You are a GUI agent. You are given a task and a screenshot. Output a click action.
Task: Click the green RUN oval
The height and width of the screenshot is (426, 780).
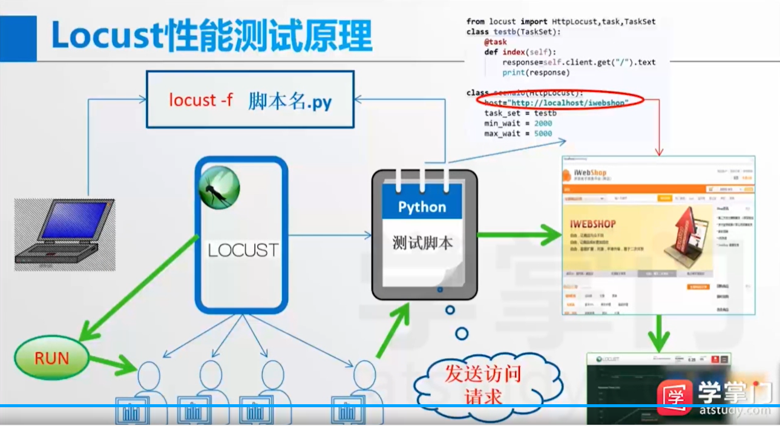tap(51, 358)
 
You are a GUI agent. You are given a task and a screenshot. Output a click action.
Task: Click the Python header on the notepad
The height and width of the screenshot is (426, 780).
tap(422, 208)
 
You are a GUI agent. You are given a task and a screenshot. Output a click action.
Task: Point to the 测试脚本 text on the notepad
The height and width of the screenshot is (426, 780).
tap(422, 243)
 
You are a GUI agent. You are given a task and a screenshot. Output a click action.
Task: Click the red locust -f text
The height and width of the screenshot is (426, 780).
tap(200, 100)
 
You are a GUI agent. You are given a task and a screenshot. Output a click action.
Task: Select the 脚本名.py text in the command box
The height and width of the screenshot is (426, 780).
tap(290, 101)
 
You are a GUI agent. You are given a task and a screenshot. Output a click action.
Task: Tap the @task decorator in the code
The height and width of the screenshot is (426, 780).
tap(495, 42)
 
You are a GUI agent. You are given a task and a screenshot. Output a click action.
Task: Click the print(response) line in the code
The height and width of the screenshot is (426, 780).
tap(536, 73)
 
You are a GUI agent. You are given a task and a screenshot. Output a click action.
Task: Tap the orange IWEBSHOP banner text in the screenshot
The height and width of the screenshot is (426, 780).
tap(592, 224)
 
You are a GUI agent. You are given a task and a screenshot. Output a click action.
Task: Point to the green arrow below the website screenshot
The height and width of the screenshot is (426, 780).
tap(658, 332)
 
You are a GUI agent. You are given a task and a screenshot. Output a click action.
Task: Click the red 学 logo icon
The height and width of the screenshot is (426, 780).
tap(674, 396)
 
